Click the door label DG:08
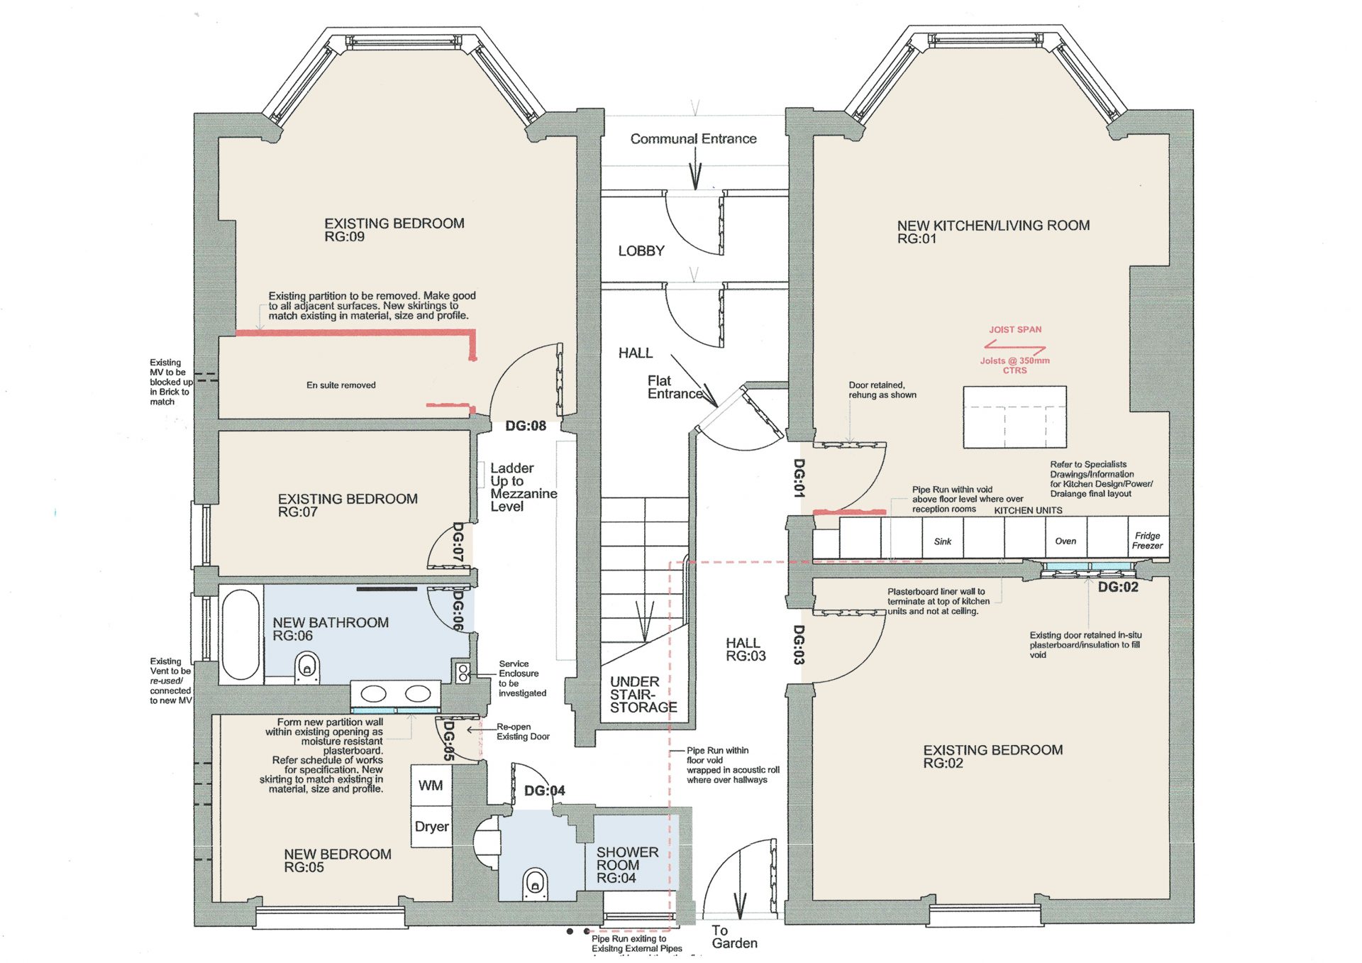pyautogui.click(x=526, y=426)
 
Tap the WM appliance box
pyautogui.click(x=431, y=786)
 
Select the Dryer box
pyautogui.click(x=431, y=827)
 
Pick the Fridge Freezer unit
pyautogui.click(x=1147, y=540)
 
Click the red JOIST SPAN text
pyautogui.click(x=1015, y=329)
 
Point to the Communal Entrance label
pyautogui.click(x=693, y=139)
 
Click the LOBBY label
pyautogui.click(x=641, y=251)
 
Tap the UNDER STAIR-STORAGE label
pyautogui.click(x=643, y=694)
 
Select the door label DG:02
pyautogui.click(x=1118, y=587)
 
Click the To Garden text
pyautogui.click(x=734, y=937)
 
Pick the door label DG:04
pyautogui.click(x=544, y=791)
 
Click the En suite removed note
pyautogui.click(x=341, y=385)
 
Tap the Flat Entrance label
pyautogui.click(x=673, y=387)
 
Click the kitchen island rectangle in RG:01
pyautogui.click(x=1014, y=417)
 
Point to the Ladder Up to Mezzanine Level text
pyautogui.click(x=523, y=488)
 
